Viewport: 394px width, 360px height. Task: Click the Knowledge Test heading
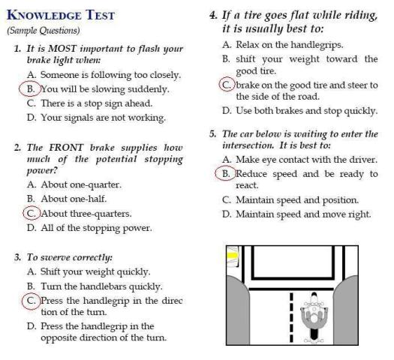(61, 15)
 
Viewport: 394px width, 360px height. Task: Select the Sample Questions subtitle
(44, 31)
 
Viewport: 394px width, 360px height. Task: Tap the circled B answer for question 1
(30, 88)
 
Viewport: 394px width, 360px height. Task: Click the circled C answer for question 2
(32, 213)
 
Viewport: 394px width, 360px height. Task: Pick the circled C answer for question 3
(31, 301)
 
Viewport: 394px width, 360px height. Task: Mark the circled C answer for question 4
(227, 84)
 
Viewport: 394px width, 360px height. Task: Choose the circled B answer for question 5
(225, 173)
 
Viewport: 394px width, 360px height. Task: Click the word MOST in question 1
(62, 48)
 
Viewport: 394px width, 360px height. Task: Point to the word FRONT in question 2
(66, 147)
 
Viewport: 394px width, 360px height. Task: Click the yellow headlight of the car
(233, 256)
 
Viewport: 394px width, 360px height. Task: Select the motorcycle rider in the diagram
(314, 316)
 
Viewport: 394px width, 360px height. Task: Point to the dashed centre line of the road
(291, 317)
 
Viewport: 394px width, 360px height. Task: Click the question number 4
(213, 15)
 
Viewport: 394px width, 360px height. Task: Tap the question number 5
(212, 133)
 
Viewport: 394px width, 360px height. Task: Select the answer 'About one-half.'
(67, 199)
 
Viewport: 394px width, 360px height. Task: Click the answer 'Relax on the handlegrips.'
(283, 45)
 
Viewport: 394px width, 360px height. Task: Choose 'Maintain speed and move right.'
(296, 214)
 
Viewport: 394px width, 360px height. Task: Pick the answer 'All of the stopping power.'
(90, 228)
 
